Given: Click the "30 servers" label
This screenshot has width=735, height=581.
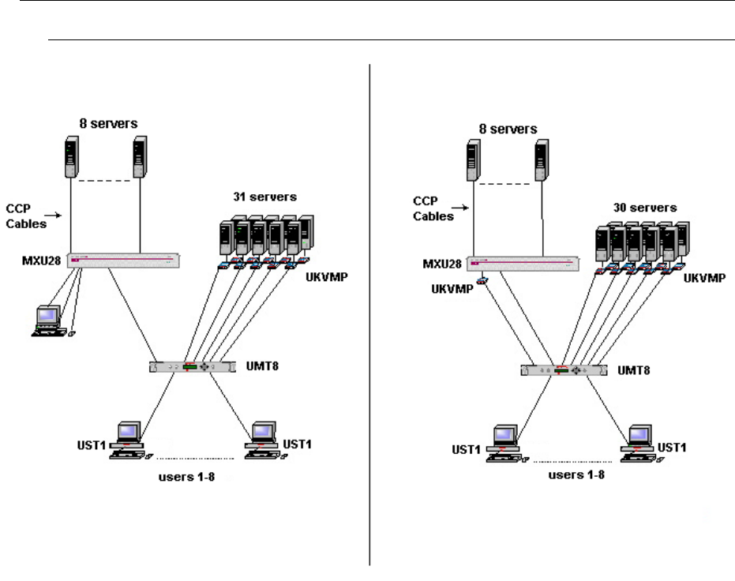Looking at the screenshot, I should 647,208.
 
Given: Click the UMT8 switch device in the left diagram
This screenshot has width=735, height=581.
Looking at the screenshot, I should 193,367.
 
